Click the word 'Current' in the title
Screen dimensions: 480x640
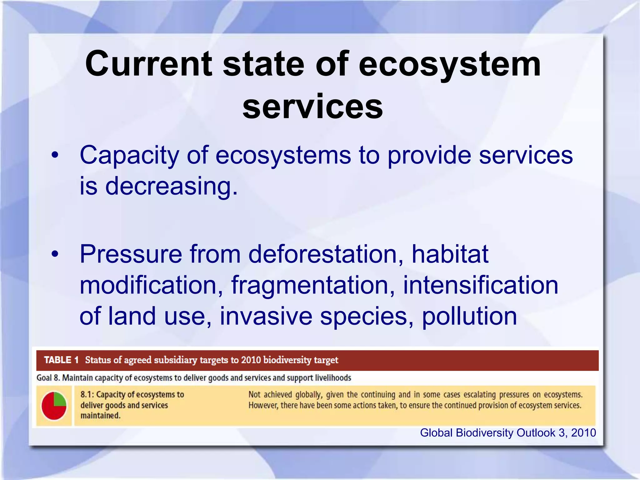[149, 64]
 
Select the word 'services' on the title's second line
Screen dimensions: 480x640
[312, 107]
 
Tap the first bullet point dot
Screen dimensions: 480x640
[55, 155]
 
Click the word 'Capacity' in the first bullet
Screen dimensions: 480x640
[129, 155]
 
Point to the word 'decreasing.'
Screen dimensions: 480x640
[171, 186]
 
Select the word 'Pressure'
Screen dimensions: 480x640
[131, 254]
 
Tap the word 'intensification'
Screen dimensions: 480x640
[480, 285]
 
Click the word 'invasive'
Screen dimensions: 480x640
[266, 316]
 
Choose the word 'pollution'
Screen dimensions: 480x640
[469, 317]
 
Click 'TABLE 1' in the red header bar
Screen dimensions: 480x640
[61, 360]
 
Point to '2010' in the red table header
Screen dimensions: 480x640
[251, 360]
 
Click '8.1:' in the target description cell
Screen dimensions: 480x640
[87, 395]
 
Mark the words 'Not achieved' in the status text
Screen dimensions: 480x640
[269, 395]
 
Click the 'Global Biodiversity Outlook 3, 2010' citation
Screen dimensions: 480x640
[508, 433]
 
